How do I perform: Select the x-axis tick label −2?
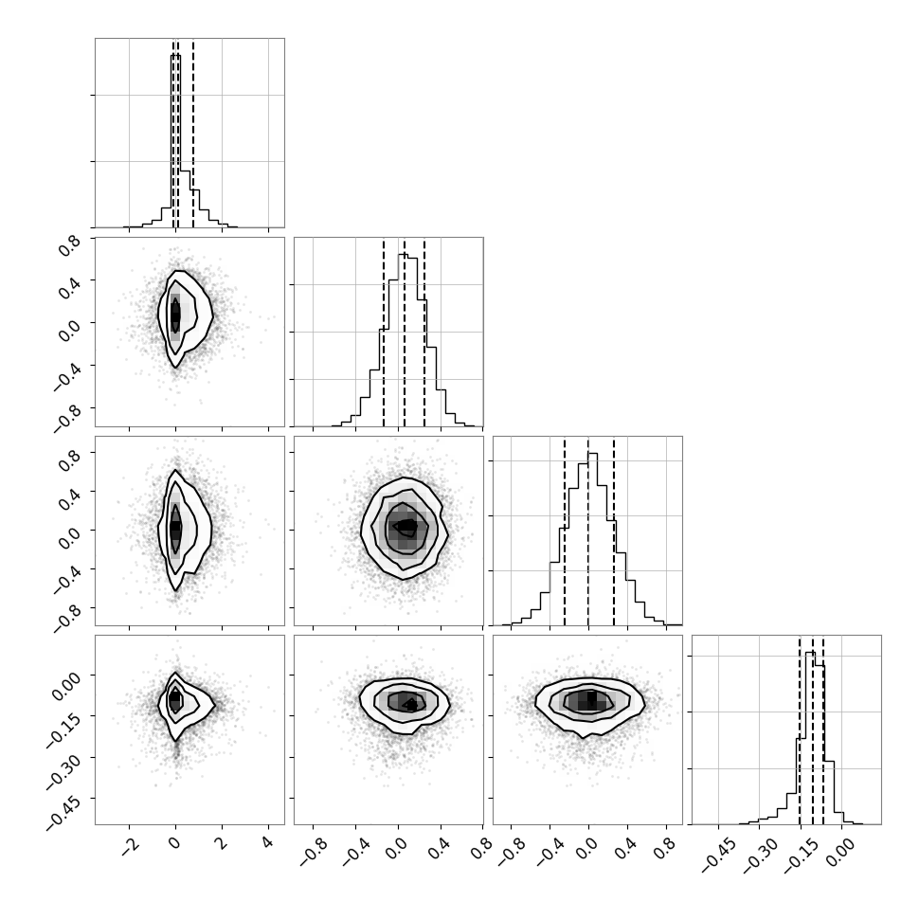coord(130,846)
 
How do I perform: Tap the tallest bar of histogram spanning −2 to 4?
coord(175,140)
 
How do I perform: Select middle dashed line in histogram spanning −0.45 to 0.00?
coord(812,730)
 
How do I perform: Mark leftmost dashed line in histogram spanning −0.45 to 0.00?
coord(800,730)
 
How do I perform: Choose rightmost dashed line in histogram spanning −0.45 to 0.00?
coord(823,730)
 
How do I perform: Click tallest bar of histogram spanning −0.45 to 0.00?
coord(811,738)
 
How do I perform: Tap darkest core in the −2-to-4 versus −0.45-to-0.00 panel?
coord(174,700)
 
